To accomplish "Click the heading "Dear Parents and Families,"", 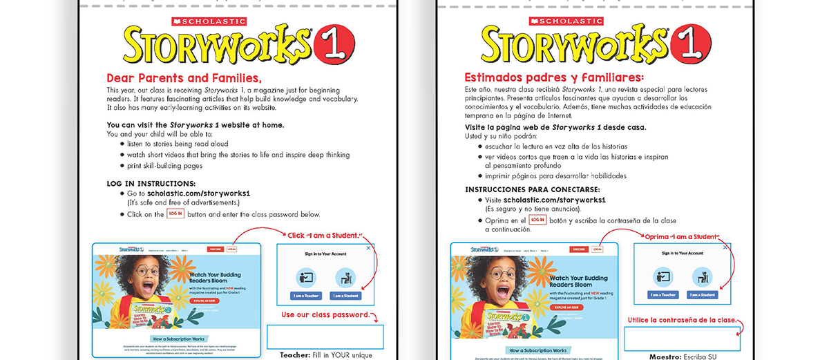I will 184,78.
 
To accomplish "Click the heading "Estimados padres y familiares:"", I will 554,77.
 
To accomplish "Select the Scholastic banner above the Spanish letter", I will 566,21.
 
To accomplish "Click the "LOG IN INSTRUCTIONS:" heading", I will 151,183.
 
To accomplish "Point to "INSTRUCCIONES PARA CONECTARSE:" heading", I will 532,189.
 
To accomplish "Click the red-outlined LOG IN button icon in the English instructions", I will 175,214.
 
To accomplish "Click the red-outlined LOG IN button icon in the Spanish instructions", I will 537,220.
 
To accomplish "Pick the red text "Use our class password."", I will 325,315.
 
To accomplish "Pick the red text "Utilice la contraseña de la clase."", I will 681,320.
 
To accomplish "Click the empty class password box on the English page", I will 325,337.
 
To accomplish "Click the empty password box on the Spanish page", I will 682,339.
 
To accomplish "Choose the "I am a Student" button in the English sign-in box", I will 345,296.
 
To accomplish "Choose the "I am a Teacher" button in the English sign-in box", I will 305,296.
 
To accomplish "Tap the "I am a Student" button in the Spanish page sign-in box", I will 703,295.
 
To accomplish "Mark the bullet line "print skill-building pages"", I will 164,166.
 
